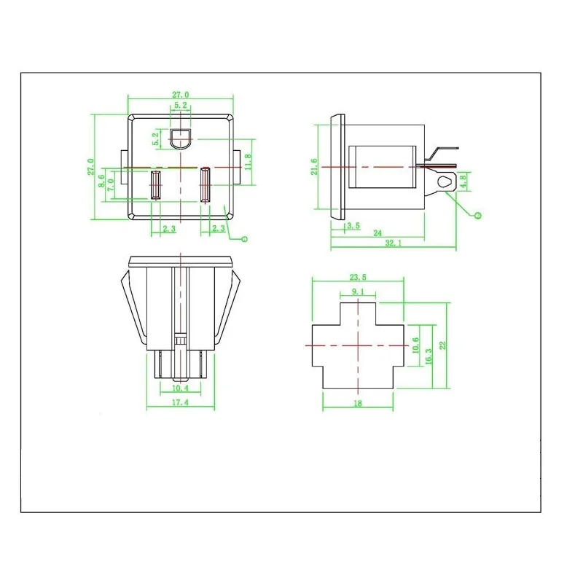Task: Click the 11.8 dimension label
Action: click(249, 162)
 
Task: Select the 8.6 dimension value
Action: click(101, 181)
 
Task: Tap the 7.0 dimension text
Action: click(111, 185)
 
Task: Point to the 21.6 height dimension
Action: click(315, 167)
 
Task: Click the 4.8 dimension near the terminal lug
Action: click(463, 183)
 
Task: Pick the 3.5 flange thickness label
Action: click(353, 226)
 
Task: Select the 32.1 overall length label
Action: click(394, 243)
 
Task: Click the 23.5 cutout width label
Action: click(358, 277)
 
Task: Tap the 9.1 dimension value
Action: click(358, 291)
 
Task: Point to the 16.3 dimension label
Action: click(429, 356)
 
